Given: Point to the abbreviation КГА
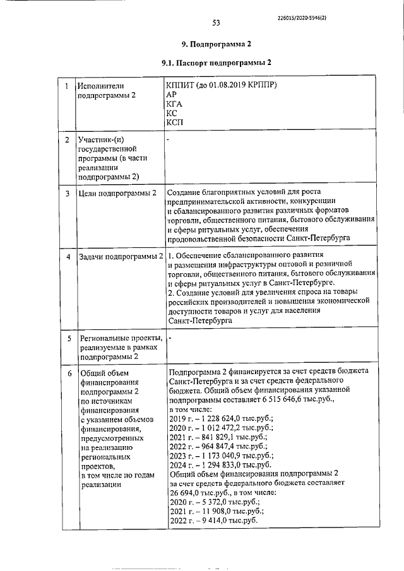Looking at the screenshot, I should click(x=176, y=103).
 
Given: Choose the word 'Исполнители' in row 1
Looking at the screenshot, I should click(x=99, y=85).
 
